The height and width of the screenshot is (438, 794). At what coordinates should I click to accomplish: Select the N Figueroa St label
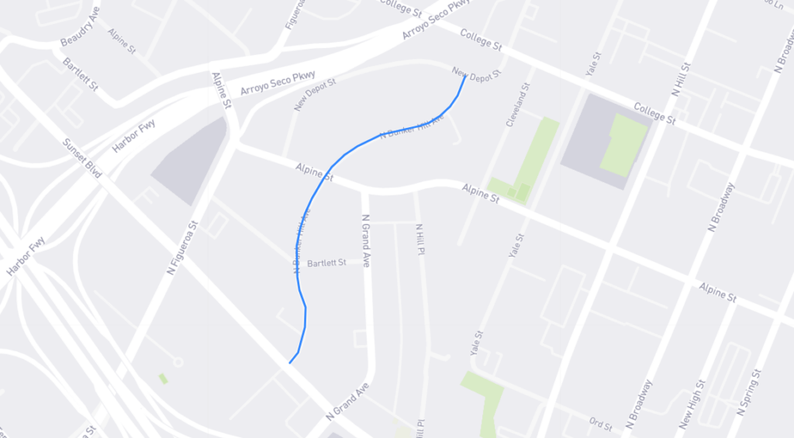point(183,247)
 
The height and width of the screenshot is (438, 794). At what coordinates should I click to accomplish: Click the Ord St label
point(600,426)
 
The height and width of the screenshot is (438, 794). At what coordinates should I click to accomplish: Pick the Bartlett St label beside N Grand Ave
point(326,263)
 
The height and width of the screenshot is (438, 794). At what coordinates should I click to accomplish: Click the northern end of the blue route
point(464,76)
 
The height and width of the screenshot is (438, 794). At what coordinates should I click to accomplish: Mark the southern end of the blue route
point(290,362)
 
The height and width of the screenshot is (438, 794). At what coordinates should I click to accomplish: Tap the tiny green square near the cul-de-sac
point(163,378)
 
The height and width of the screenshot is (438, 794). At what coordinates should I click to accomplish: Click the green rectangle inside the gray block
point(623,145)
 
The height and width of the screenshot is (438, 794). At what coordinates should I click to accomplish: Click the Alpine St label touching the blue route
point(314,171)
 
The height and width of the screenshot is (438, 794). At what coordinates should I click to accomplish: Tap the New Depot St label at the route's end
point(477,72)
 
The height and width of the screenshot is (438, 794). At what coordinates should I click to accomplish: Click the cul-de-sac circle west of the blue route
point(178,362)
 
